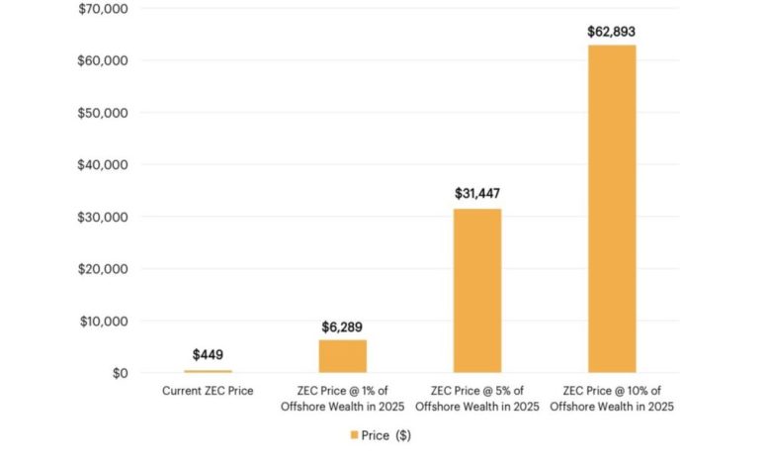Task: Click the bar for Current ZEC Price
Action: [208, 371]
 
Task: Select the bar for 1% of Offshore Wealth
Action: [343, 356]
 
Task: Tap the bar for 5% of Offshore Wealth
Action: [477, 291]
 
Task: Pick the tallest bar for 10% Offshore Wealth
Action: [612, 209]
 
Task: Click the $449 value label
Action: [208, 354]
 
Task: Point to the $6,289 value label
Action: [343, 326]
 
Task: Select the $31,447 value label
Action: [477, 195]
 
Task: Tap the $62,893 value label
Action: [612, 31]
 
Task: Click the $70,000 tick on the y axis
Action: [104, 9]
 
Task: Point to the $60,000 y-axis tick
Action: [104, 61]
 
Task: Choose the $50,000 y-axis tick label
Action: [104, 113]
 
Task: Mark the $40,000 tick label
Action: [104, 165]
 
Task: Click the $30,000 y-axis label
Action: [104, 217]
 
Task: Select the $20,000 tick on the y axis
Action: [104, 269]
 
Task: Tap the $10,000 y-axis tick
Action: [104, 322]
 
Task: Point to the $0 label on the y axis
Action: [119, 373]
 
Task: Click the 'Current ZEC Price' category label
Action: [208, 391]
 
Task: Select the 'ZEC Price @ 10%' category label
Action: [612, 398]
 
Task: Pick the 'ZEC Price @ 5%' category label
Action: [477, 398]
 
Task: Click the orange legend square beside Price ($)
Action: [354, 434]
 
